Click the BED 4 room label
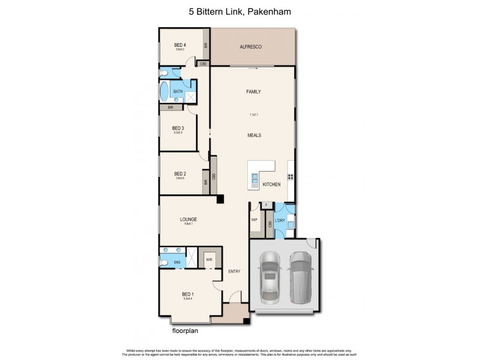pyautogui.click(x=180, y=45)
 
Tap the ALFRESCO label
pyautogui.click(x=251, y=47)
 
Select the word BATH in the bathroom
pyautogui.click(x=178, y=92)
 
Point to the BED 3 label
pyautogui.click(x=178, y=128)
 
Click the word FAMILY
pyautogui.click(x=253, y=92)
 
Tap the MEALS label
pyautogui.click(x=253, y=136)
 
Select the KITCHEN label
pyautogui.click(x=272, y=184)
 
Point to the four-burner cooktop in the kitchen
pyautogui.click(x=291, y=176)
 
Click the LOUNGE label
pyautogui.click(x=188, y=220)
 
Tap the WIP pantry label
pyautogui.click(x=254, y=220)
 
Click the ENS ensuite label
pyautogui.click(x=178, y=262)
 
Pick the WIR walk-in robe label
pyautogui.click(x=209, y=260)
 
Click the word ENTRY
pyautogui.click(x=234, y=272)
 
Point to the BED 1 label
pyautogui.click(x=188, y=294)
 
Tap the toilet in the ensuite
pyautogui.click(x=164, y=262)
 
